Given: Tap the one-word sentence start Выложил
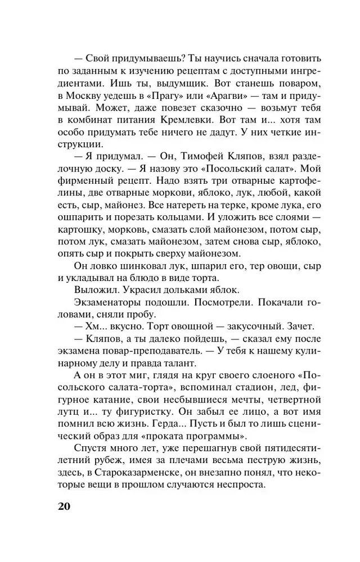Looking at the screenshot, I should click(95, 289).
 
